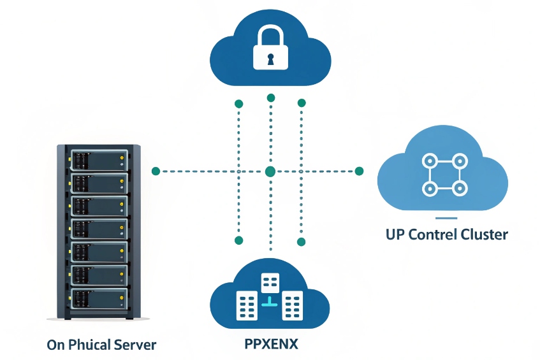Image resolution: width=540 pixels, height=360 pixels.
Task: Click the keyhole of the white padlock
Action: point(270,59)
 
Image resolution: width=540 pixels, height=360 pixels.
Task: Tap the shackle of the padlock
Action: point(270,36)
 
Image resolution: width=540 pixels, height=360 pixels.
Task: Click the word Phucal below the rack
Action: point(86,345)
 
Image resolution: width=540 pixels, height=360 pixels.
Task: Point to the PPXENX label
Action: point(271,345)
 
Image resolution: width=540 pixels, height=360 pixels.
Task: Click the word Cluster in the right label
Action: point(484,234)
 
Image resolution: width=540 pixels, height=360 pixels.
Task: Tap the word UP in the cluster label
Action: point(395,234)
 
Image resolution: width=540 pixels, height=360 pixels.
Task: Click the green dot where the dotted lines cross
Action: point(270,171)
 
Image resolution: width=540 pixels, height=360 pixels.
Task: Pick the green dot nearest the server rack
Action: point(156,171)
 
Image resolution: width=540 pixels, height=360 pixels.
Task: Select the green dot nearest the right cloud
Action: point(359,171)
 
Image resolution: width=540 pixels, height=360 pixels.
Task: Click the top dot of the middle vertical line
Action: point(271,97)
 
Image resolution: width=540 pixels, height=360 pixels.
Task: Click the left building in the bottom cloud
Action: point(246,306)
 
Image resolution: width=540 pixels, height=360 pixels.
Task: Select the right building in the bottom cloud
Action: point(293,306)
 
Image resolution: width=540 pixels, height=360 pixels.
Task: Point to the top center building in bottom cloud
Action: point(270,282)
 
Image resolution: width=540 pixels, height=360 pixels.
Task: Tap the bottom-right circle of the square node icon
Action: point(458,189)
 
